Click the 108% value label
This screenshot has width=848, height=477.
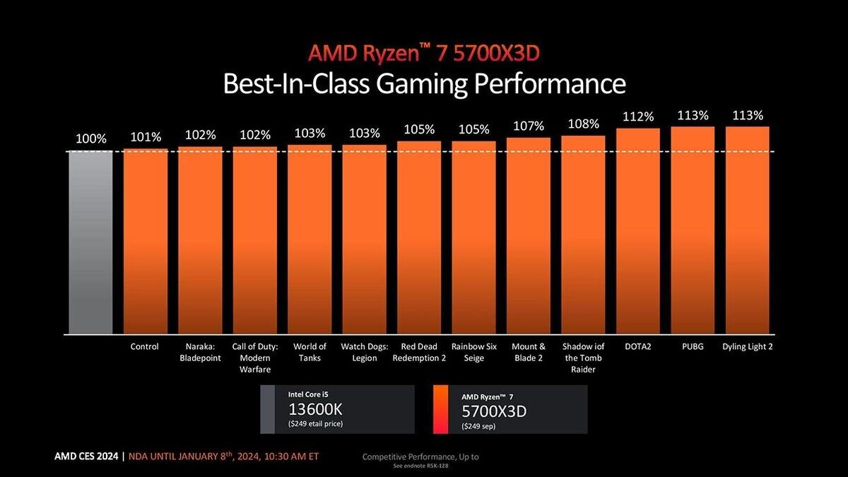point(583,124)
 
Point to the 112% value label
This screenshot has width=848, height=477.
point(638,117)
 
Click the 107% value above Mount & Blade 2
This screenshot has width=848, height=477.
point(529,126)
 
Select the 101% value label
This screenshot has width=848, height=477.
point(145,137)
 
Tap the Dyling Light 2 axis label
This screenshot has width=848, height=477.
point(747,347)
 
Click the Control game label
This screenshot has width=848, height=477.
point(145,347)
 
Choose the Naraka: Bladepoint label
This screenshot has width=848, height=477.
point(200,352)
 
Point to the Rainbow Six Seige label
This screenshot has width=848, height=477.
point(473,352)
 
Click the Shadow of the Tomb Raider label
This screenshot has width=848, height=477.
point(583,358)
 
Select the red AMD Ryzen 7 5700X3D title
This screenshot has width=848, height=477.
point(425,52)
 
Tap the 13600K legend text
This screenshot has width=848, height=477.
point(316,411)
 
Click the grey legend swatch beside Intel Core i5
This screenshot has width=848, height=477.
point(267,409)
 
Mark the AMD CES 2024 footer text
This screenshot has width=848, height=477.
point(88,457)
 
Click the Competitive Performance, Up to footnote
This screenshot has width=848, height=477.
point(420,457)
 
